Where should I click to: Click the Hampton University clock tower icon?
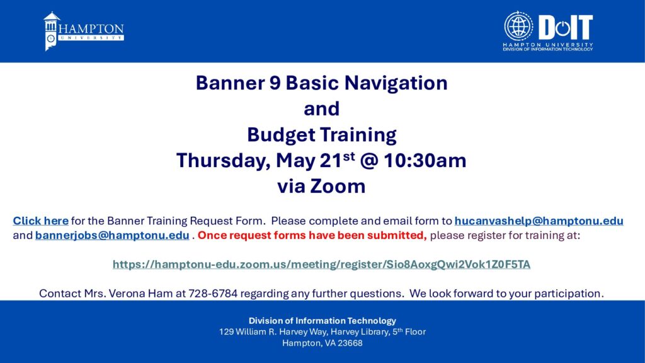(x=51, y=32)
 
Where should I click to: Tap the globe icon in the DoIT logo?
(x=518, y=26)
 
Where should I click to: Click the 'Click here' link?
(x=41, y=221)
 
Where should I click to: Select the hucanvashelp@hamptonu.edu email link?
(x=539, y=221)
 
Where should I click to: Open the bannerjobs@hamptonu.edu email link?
(x=112, y=236)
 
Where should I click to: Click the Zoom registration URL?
(x=321, y=264)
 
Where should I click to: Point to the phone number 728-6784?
(x=213, y=294)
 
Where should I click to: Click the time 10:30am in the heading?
(x=425, y=161)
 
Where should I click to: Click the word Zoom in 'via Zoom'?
(x=338, y=186)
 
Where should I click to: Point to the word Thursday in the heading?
(x=224, y=161)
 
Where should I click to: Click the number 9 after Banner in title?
(x=275, y=83)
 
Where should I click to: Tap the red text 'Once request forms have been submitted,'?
(x=312, y=236)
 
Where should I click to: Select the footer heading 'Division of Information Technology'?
(x=322, y=321)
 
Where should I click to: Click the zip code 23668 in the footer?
(x=350, y=343)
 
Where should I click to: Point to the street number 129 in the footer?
(x=226, y=331)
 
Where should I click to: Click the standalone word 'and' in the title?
(x=322, y=109)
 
